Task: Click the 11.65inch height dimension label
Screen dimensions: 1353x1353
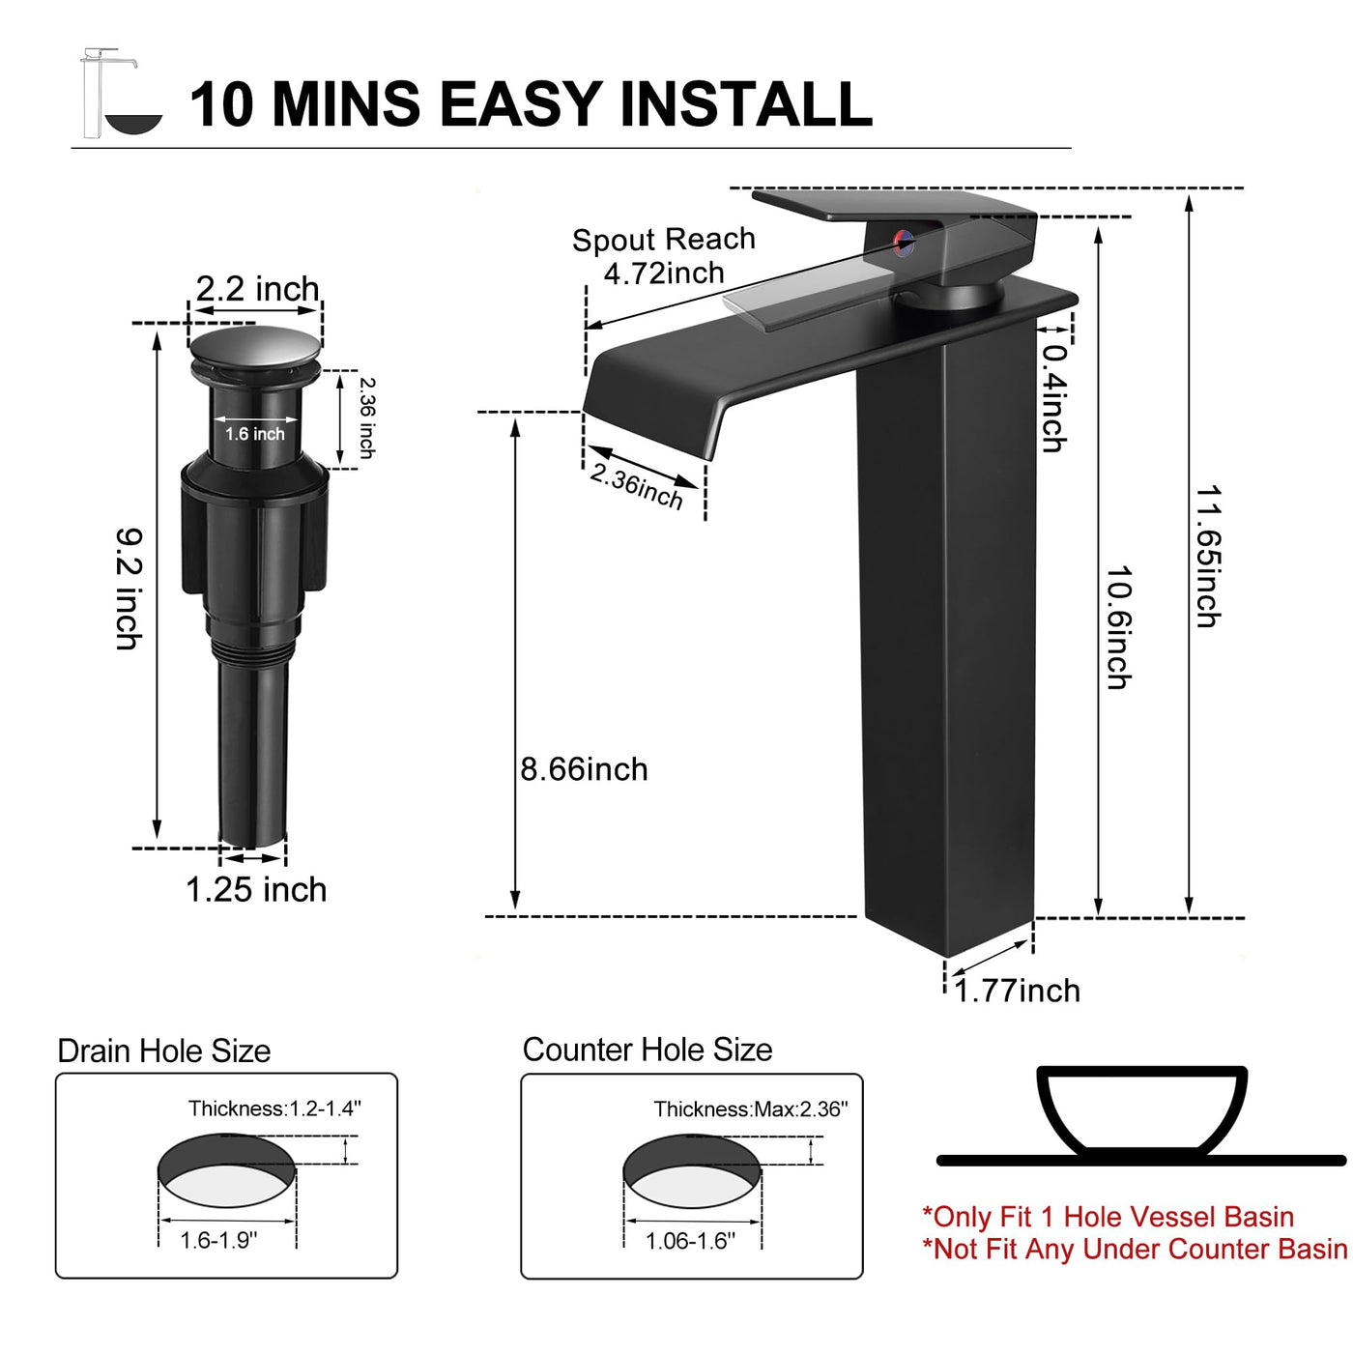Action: pyautogui.click(x=1208, y=556)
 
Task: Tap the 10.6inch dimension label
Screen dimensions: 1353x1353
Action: pyautogui.click(x=1118, y=627)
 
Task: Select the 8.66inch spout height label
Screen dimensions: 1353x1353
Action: pyautogui.click(x=584, y=769)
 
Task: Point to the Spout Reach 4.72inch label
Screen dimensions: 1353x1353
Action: pyautogui.click(x=664, y=256)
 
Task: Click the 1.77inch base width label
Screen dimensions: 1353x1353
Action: pyautogui.click(x=1018, y=991)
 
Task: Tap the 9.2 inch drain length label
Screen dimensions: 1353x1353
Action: pyautogui.click(x=130, y=590)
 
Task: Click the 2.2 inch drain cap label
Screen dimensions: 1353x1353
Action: pyautogui.click(x=258, y=289)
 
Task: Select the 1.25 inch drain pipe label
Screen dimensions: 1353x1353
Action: pyautogui.click(x=256, y=889)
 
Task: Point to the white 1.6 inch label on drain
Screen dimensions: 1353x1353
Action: pyautogui.click(x=255, y=434)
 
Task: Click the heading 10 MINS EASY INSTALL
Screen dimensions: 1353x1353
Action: pyautogui.click(x=531, y=104)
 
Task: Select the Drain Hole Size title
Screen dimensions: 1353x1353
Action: pyautogui.click(x=163, y=1051)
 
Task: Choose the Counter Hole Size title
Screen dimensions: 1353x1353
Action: pyautogui.click(x=647, y=1050)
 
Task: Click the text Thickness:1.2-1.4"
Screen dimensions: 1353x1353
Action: pyautogui.click(x=274, y=1108)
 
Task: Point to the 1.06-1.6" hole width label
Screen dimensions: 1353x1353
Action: pyautogui.click(x=690, y=1241)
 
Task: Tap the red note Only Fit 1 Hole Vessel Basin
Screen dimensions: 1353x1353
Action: pyautogui.click(x=1108, y=1217)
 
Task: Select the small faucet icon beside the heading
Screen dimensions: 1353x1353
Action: pyautogui.click(x=121, y=93)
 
